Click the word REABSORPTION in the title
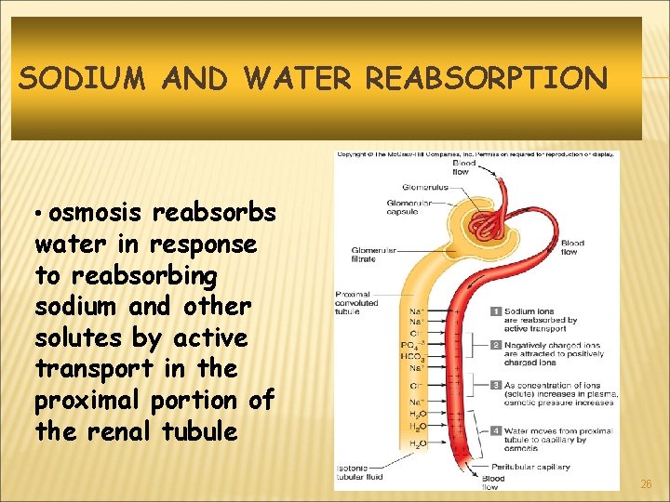(x=486, y=78)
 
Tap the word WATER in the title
(x=299, y=78)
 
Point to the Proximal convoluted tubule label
(x=357, y=303)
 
